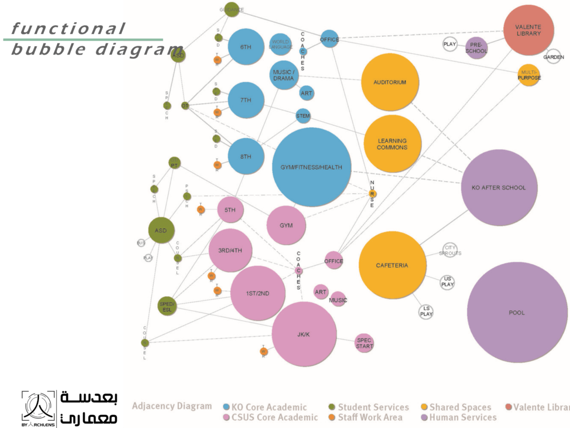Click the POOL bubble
coord(517,313)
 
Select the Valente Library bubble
coord(528,30)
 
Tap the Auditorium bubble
coord(390,82)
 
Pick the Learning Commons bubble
coord(392,144)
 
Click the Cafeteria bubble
coord(392,265)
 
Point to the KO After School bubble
coord(498,187)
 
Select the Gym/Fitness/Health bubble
coord(311,167)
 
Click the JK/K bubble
coord(304,334)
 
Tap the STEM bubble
coord(303,116)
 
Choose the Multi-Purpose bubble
coord(529,75)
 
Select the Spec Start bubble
coord(365,343)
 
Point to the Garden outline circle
coord(553,57)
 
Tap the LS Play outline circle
coord(426,312)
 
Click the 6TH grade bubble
coord(245,47)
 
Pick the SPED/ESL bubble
coord(167,305)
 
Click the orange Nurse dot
coord(372,193)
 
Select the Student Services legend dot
coord(332,407)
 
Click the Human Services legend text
coord(463,417)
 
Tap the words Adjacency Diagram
coord(171,406)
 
